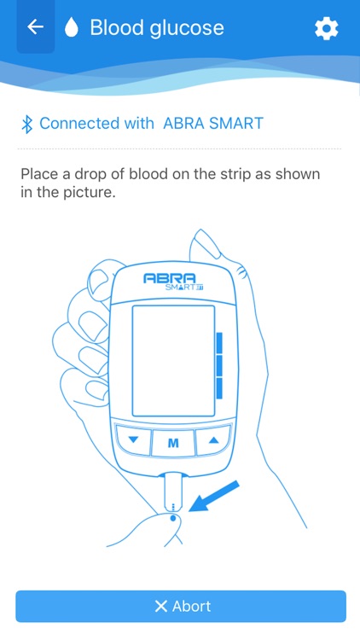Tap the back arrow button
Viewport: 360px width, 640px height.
tap(35, 27)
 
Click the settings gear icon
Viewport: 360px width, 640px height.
tap(326, 28)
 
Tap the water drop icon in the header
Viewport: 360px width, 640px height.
tap(73, 28)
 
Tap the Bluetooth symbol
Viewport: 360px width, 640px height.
tap(26, 124)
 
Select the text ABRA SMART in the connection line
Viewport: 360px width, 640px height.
tap(213, 124)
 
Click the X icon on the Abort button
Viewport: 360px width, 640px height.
tap(160, 607)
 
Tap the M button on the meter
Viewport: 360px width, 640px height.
tap(173, 443)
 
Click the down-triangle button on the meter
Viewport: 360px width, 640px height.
tap(132, 441)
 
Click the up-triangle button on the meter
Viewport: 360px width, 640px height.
tap(213, 441)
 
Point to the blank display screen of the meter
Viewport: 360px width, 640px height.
tap(172, 359)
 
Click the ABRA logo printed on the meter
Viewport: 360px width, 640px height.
tap(170, 278)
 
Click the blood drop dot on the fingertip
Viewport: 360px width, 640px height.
tap(173, 517)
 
